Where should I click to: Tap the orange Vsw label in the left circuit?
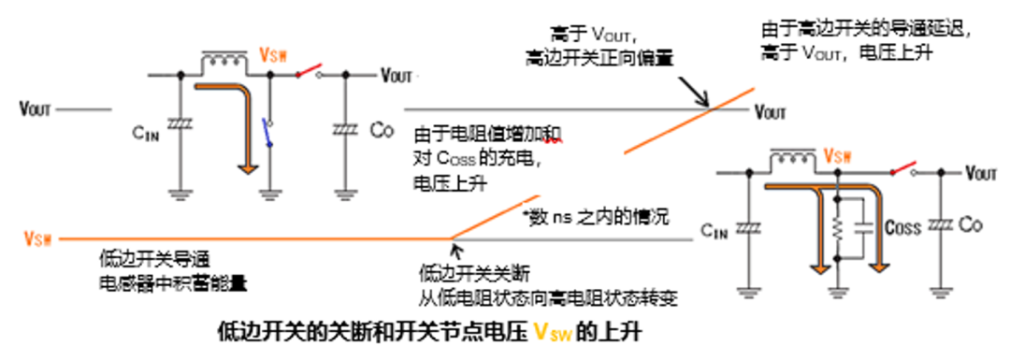coord(272,54)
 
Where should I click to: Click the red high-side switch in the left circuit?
coord(308,72)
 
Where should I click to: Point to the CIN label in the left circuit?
coord(146,132)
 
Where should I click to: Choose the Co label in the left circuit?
coord(382,127)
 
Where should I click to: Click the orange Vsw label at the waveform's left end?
coord(37,240)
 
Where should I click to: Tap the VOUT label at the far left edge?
coord(36,108)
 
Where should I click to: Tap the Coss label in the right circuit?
coord(902,227)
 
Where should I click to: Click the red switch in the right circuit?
coord(903,169)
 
